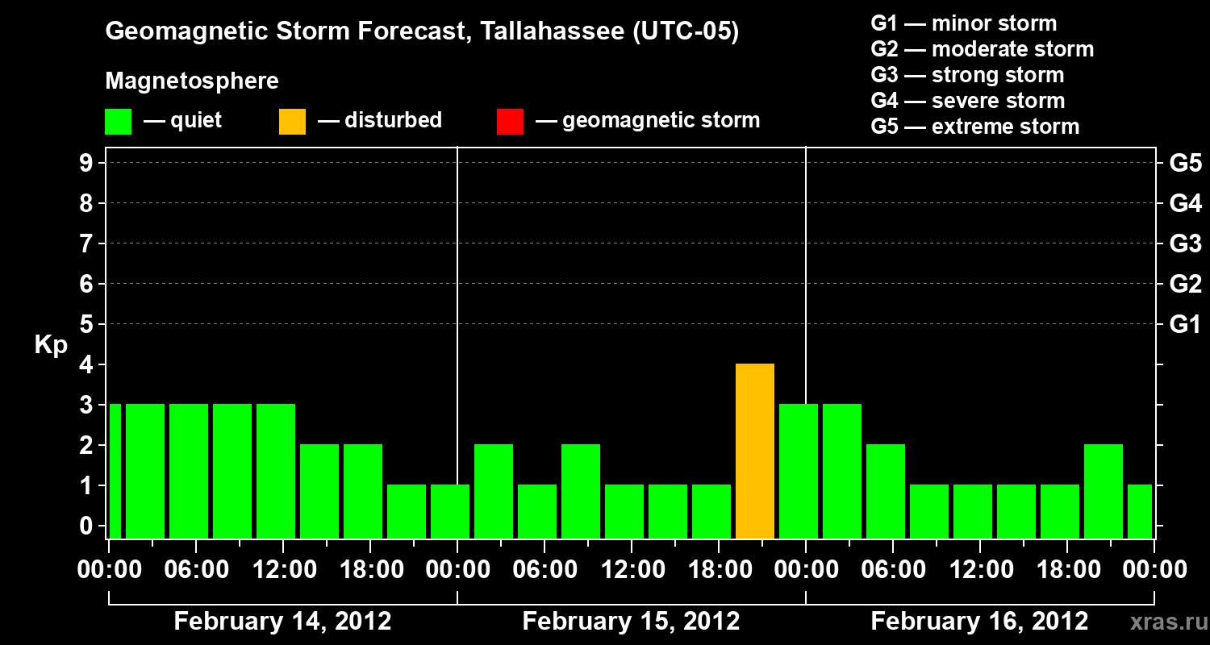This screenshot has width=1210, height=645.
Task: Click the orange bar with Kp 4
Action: point(755,451)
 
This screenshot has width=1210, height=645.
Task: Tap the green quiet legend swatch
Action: point(118,122)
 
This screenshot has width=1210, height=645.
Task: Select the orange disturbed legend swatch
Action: point(292,122)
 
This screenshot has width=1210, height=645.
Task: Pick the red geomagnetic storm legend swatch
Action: point(510,122)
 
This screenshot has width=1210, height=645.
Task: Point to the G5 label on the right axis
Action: point(1185,164)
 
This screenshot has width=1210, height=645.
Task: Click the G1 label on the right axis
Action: point(1185,325)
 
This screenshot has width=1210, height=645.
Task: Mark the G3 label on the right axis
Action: point(1185,244)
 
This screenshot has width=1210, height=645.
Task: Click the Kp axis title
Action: point(51,345)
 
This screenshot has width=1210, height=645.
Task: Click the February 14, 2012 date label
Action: point(282,622)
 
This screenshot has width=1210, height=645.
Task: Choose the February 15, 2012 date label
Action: point(631,622)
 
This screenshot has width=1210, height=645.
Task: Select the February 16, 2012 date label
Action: point(979,622)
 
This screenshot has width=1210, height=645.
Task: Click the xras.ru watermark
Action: point(1163,622)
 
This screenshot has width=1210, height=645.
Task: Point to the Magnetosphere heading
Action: point(192,81)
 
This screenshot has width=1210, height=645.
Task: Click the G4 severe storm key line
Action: point(967,101)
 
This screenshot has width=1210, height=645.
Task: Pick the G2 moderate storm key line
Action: point(982,49)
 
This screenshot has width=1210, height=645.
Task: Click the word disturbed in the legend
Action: point(393,120)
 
